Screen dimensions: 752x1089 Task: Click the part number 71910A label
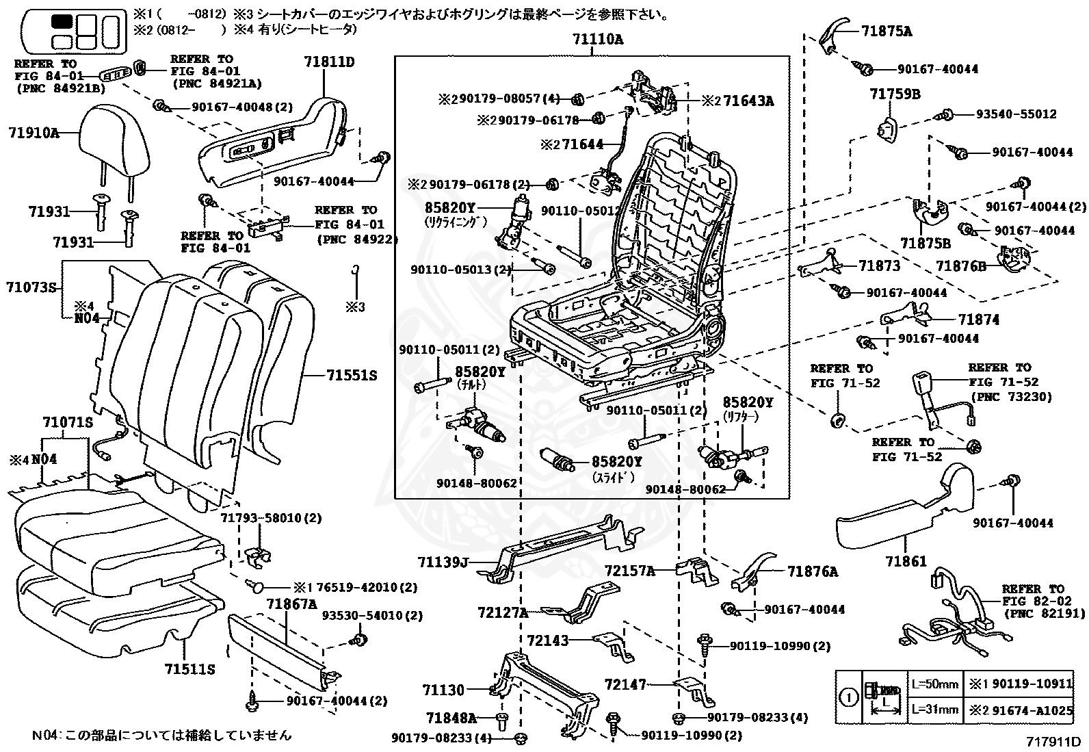pos(34,133)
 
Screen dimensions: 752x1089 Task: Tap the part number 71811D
pos(330,62)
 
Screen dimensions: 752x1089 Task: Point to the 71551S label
pos(352,376)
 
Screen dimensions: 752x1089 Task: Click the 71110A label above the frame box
pos(599,40)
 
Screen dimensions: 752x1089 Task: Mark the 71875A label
pos(887,31)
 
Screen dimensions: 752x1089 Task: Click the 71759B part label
pos(895,94)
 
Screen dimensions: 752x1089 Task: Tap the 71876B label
pos(960,266)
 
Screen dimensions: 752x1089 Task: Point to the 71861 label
pos(906,561)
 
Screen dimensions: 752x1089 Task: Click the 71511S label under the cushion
pos(189,669)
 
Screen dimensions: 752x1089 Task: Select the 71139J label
pos(443,562)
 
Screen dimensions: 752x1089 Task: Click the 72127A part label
pos(503,612)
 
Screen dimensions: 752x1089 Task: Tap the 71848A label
pos(451,718)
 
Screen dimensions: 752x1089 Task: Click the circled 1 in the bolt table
pos(848,698)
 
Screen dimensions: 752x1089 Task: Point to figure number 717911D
pos(1053,741)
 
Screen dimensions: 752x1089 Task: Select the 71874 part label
pos(978,320)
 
